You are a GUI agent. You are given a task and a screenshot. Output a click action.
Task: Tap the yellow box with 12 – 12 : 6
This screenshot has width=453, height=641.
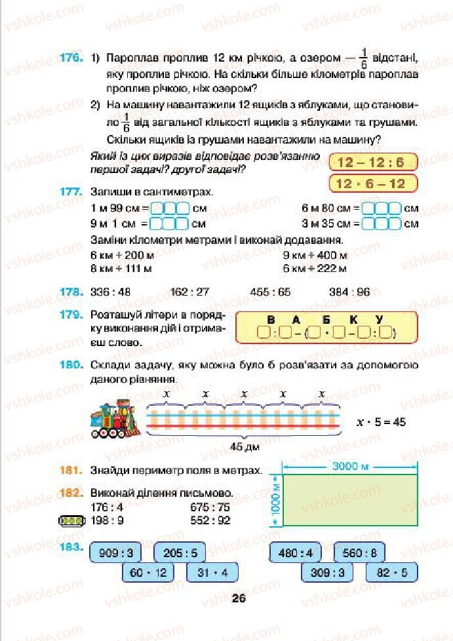point(370,163)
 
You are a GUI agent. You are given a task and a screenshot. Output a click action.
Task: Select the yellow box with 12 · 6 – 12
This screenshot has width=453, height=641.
point(370,184)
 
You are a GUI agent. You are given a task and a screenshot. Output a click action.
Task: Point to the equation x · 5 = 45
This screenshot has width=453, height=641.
point(380,421)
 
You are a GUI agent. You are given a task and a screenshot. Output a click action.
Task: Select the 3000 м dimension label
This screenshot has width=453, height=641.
point(351,466)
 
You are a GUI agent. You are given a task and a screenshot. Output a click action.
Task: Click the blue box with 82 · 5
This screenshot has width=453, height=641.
point(392,573)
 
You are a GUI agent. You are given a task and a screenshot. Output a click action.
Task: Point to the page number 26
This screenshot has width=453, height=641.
point(239,597)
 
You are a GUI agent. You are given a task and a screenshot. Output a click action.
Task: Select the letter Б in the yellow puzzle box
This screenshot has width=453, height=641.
point(321,320)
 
